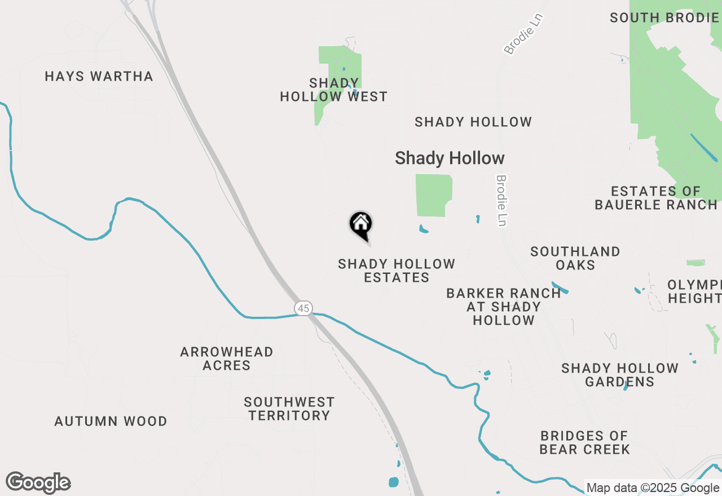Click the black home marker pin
[361, 225]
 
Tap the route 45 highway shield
[303, 308]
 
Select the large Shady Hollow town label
[450, 158]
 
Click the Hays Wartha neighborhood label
[99, 77]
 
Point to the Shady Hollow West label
[334, 90]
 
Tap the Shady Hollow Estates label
[397, 271]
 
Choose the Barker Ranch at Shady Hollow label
[504, 307]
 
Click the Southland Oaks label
[575, 258]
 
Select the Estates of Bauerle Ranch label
[656, 198]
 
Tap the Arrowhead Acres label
[227, 358]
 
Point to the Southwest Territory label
[289, 409]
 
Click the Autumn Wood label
[111, 422]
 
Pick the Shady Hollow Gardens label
[620, 375]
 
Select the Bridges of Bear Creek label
[584, 442]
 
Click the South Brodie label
[664, 18]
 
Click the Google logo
[38, 482]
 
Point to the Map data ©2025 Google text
[653, 488]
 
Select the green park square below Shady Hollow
[433, 195]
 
